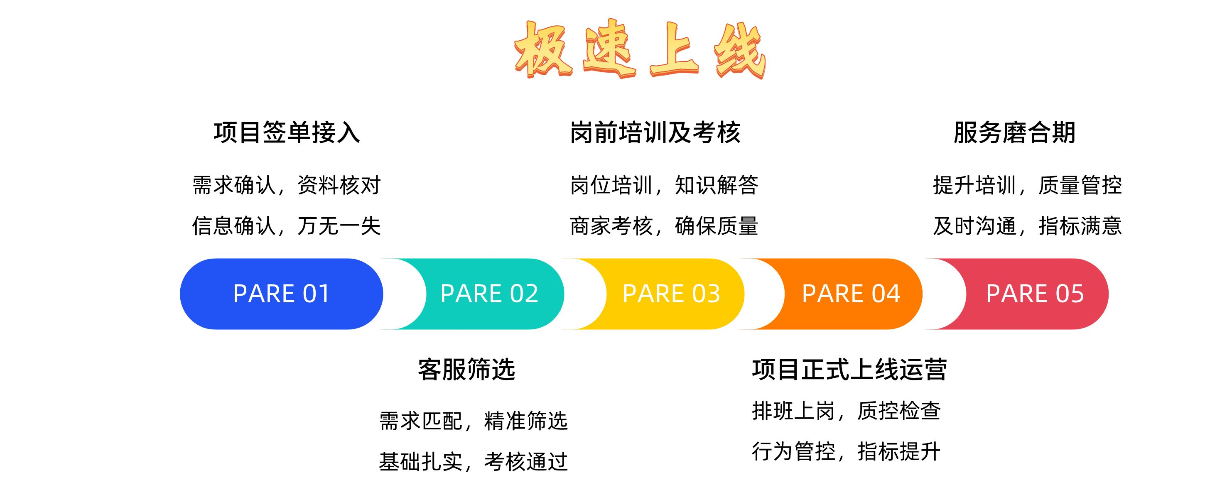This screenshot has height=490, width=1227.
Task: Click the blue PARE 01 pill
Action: click(282, 294)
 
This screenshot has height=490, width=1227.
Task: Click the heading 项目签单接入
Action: click(287, 132)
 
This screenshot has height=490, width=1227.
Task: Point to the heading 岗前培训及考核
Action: click(655, 132)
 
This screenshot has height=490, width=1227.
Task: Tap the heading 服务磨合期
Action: click(1015, 132)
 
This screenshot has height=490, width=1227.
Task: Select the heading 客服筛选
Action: click(467, 370)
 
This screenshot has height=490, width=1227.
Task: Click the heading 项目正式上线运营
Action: click(849, 370)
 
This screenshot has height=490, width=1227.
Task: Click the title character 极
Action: click(543, 49)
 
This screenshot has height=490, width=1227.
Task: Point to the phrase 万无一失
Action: click(339, 226)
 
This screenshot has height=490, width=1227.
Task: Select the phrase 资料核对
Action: click(339, 185)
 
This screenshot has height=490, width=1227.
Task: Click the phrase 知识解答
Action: click(717, 185)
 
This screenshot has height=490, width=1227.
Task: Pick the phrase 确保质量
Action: click(717, 226)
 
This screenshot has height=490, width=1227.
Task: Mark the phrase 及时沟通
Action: click(974, 226)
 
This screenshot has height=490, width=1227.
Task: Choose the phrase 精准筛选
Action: click(526, 421)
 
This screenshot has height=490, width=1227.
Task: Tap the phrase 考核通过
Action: click(526, 461)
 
